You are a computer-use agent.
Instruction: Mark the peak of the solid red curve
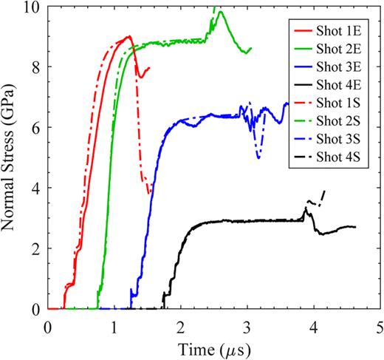point(128,36)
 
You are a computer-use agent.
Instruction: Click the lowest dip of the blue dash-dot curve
point(258,157)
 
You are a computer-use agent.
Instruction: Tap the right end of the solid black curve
point(355,227)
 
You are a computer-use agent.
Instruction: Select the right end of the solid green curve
point(251,49)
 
